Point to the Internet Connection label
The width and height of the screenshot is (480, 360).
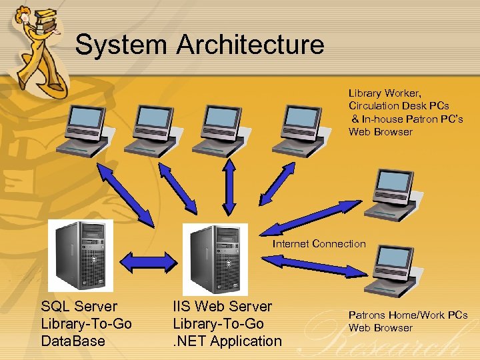pos(319,243)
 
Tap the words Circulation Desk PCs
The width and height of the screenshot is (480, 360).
pos(399,105)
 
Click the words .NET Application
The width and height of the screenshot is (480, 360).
pos(227,341)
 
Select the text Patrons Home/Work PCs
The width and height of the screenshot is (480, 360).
pos(408,315)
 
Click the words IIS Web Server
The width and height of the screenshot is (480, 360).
pos(222,306)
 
